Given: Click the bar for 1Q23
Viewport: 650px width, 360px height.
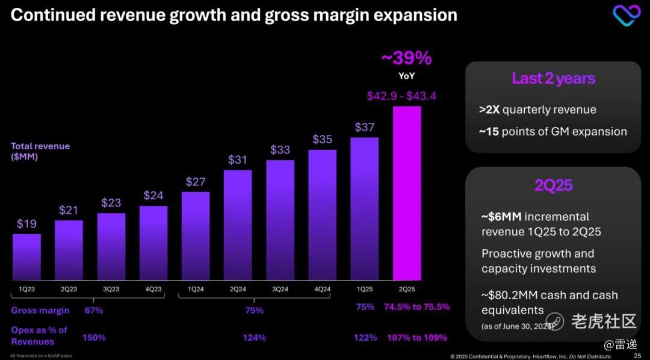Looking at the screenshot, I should (x=26, y=257).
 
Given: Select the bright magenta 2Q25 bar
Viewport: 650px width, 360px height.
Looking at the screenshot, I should (x=407, y=193).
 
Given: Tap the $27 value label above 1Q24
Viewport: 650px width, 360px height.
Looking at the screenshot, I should (x=196, y=182).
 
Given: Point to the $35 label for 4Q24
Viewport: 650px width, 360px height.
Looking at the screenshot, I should (x=322, y=139).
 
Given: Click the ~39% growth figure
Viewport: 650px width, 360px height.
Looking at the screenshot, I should (x=407, y=58).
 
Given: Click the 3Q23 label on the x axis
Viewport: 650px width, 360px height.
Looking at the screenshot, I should (x=111, y=289).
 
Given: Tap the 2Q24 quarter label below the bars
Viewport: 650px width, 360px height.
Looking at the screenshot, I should (x=238, y=289).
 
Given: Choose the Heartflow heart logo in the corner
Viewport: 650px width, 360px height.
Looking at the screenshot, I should (x=627, y=15).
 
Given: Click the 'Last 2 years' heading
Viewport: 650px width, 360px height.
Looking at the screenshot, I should (x=553, y=78).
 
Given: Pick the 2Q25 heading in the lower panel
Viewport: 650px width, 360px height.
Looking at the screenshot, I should (x=553, y=185).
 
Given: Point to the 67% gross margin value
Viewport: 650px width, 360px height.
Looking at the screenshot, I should (x=94, y=311).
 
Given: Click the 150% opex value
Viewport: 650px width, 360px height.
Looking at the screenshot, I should (x=94, y=338).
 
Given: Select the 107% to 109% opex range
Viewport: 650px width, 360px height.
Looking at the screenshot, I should (x=416, y=338).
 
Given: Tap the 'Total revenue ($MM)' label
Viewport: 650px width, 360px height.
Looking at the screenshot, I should (x=40, y=151).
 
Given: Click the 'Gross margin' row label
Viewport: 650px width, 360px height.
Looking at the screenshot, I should (x=40, y=311).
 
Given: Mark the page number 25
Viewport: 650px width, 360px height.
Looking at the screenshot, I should (x=637, y=356).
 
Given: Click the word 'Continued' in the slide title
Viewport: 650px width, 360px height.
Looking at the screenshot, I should (x=51, y=14).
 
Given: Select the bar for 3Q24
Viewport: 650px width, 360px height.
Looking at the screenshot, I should (x=280, y=220).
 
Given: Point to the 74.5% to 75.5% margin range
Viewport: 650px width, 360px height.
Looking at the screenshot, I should (x=416, y=307).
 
